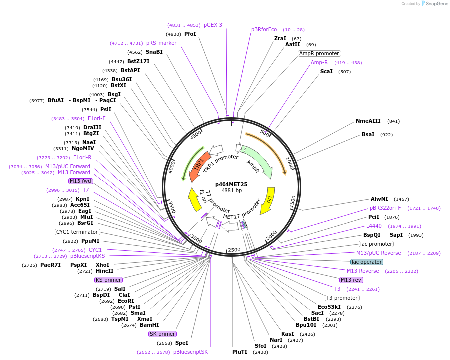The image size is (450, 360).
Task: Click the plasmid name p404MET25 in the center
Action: tap(231, 184)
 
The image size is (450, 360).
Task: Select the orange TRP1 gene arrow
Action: tap(198, 165)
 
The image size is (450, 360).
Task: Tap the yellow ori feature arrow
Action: tap(270, 199)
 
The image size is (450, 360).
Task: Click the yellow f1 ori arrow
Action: tap(193, 199)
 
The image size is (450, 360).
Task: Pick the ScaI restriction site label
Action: tap(327, 72)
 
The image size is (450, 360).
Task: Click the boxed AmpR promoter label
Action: tap(319, 53)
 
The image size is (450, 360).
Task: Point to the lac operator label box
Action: tap(367, 262)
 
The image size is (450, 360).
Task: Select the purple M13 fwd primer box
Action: tap(81, 181)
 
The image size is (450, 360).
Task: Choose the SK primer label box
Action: tap(163, 334)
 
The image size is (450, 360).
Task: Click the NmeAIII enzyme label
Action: tap(368, 121)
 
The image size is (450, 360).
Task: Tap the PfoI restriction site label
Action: tap(190, 34)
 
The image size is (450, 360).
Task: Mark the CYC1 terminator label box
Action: tap(77, 232)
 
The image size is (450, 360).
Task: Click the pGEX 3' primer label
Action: tap(214, 25)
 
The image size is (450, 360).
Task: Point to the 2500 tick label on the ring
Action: tap(234, 250)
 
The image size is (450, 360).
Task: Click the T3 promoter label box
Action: tap(342, 298)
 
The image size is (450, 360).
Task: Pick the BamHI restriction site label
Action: tap(149, 325)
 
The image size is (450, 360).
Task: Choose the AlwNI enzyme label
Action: tap(380, 199)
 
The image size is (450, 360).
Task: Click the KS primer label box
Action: tap(109, 280)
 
